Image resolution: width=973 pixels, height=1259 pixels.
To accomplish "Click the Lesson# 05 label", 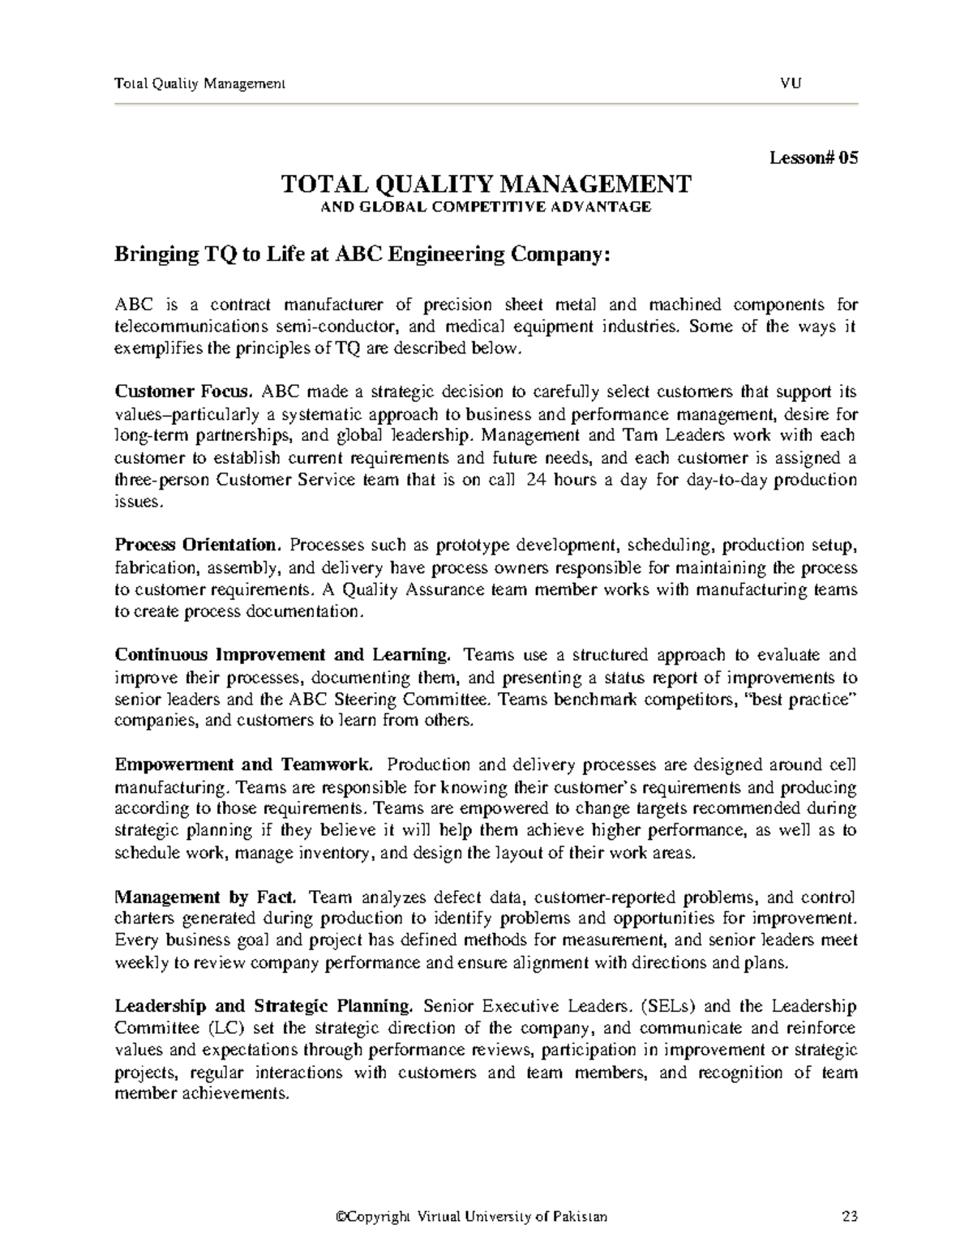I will (x=812, y=158).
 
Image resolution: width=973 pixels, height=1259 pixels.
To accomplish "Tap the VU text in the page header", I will (x=791, y=83).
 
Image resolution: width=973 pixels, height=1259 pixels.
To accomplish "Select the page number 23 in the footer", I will (x=850, y=1217).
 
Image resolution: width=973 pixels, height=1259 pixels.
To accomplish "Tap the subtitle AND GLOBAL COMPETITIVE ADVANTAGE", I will (x=486, y=207).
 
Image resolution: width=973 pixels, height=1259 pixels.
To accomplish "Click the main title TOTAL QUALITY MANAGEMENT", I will (x=486, y=184).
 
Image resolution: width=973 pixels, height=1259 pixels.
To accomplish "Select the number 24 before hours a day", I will (x=535, y=479).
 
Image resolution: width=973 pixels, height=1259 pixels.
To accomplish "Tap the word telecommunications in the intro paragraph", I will (x=191, y=327).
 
